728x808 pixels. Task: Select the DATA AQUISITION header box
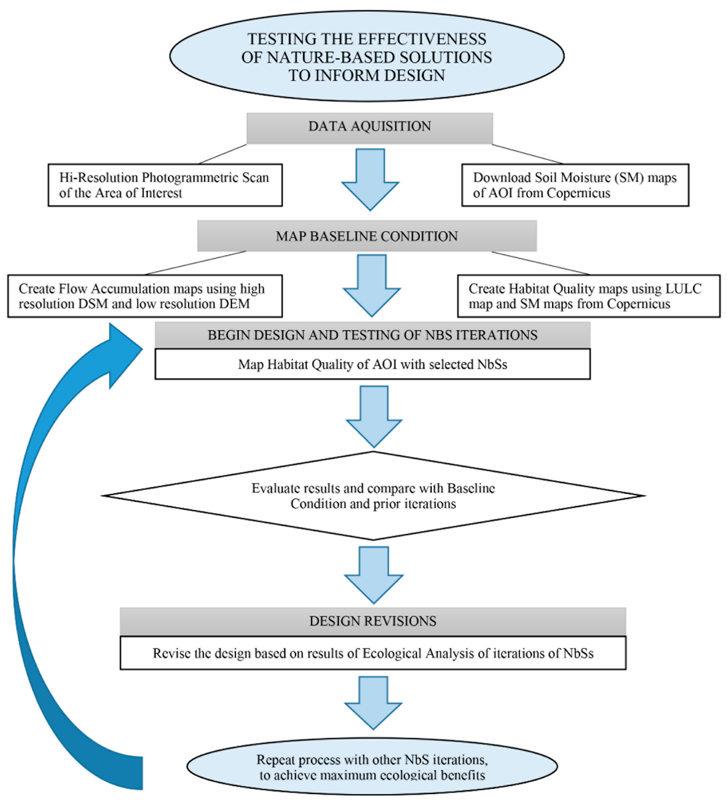(x=370, y=127)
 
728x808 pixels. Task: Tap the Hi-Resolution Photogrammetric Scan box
(x=165, y=185)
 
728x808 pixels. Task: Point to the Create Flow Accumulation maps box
(x=145, y=296)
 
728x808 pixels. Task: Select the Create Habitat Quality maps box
(x=588, y=296)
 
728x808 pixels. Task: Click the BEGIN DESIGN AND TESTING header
(x=372, y=335)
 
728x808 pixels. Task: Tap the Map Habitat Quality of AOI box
(x=372, y=364)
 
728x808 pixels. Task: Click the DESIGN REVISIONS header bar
(x=373, y=621)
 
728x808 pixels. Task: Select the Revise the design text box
(x=373, y=653)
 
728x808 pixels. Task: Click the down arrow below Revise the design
(x=373, y=702)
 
